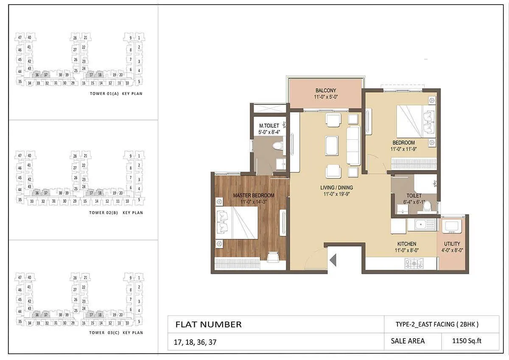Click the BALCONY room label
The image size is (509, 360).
pos(325,90)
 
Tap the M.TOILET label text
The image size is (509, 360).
pos(269,126)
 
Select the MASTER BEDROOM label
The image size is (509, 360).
pos(253,195)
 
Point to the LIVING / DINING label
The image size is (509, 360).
pos(336,187)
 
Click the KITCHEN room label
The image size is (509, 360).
pos(406,244)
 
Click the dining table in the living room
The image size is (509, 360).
pos(332,145)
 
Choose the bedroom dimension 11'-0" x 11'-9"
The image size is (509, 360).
pos(403,149)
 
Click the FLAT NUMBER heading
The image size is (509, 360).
pos(208,325)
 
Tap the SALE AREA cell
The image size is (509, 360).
pos(407,340)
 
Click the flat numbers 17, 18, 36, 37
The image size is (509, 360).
pos(195,342)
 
